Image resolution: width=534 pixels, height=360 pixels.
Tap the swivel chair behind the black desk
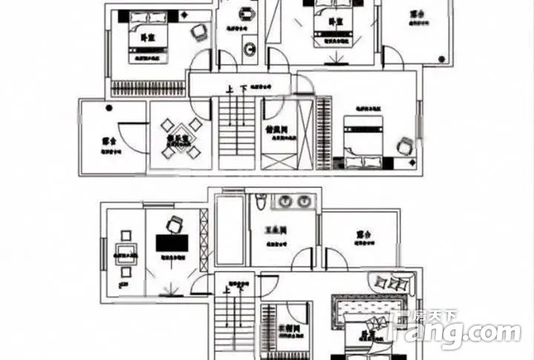[175, 223]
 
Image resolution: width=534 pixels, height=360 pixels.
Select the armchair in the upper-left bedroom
[198, 30]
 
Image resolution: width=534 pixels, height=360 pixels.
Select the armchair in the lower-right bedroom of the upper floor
[405, 146]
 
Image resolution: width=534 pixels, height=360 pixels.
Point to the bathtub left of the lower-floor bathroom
[228, 229]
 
